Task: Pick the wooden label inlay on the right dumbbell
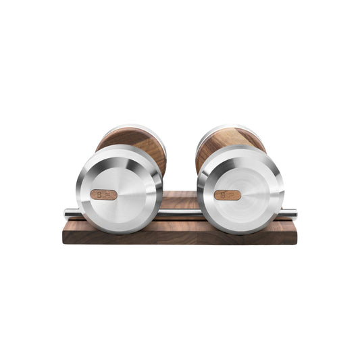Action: coord(227,195)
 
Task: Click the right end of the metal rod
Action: coord(292,214)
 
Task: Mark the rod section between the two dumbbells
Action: coord(180,213)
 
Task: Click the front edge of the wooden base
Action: coord(180,238)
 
